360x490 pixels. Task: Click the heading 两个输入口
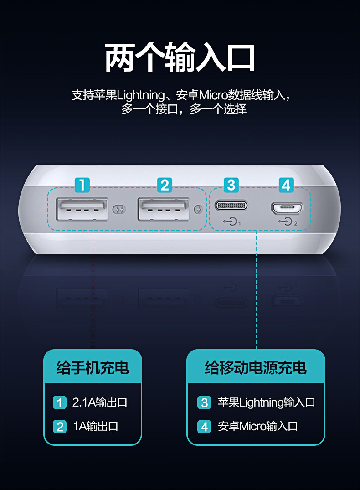point(180,58)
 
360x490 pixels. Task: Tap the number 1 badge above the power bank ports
point(82,185)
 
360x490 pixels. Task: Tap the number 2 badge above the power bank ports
point(165,185)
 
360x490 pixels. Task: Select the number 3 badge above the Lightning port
point(231,185)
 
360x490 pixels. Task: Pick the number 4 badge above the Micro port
point(286,185)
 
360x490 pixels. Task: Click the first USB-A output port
point(82,210)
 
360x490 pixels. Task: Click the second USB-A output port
point(164,210)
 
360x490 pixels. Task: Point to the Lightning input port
point(231,206)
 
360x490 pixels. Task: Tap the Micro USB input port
point(287,208)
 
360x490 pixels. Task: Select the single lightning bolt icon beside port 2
point(197,210)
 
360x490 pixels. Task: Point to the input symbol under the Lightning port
point(232,222)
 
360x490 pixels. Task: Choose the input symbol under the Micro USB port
point(287,222)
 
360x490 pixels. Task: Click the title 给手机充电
point(93,367)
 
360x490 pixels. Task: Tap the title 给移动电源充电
point(256,367)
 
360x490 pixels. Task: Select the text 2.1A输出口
point(100,402)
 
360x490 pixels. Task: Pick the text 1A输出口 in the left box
point(96,426)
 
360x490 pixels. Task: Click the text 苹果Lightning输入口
point(266,402)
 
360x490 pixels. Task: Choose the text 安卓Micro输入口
point(257,426)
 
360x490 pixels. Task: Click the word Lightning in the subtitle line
point(141,96)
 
